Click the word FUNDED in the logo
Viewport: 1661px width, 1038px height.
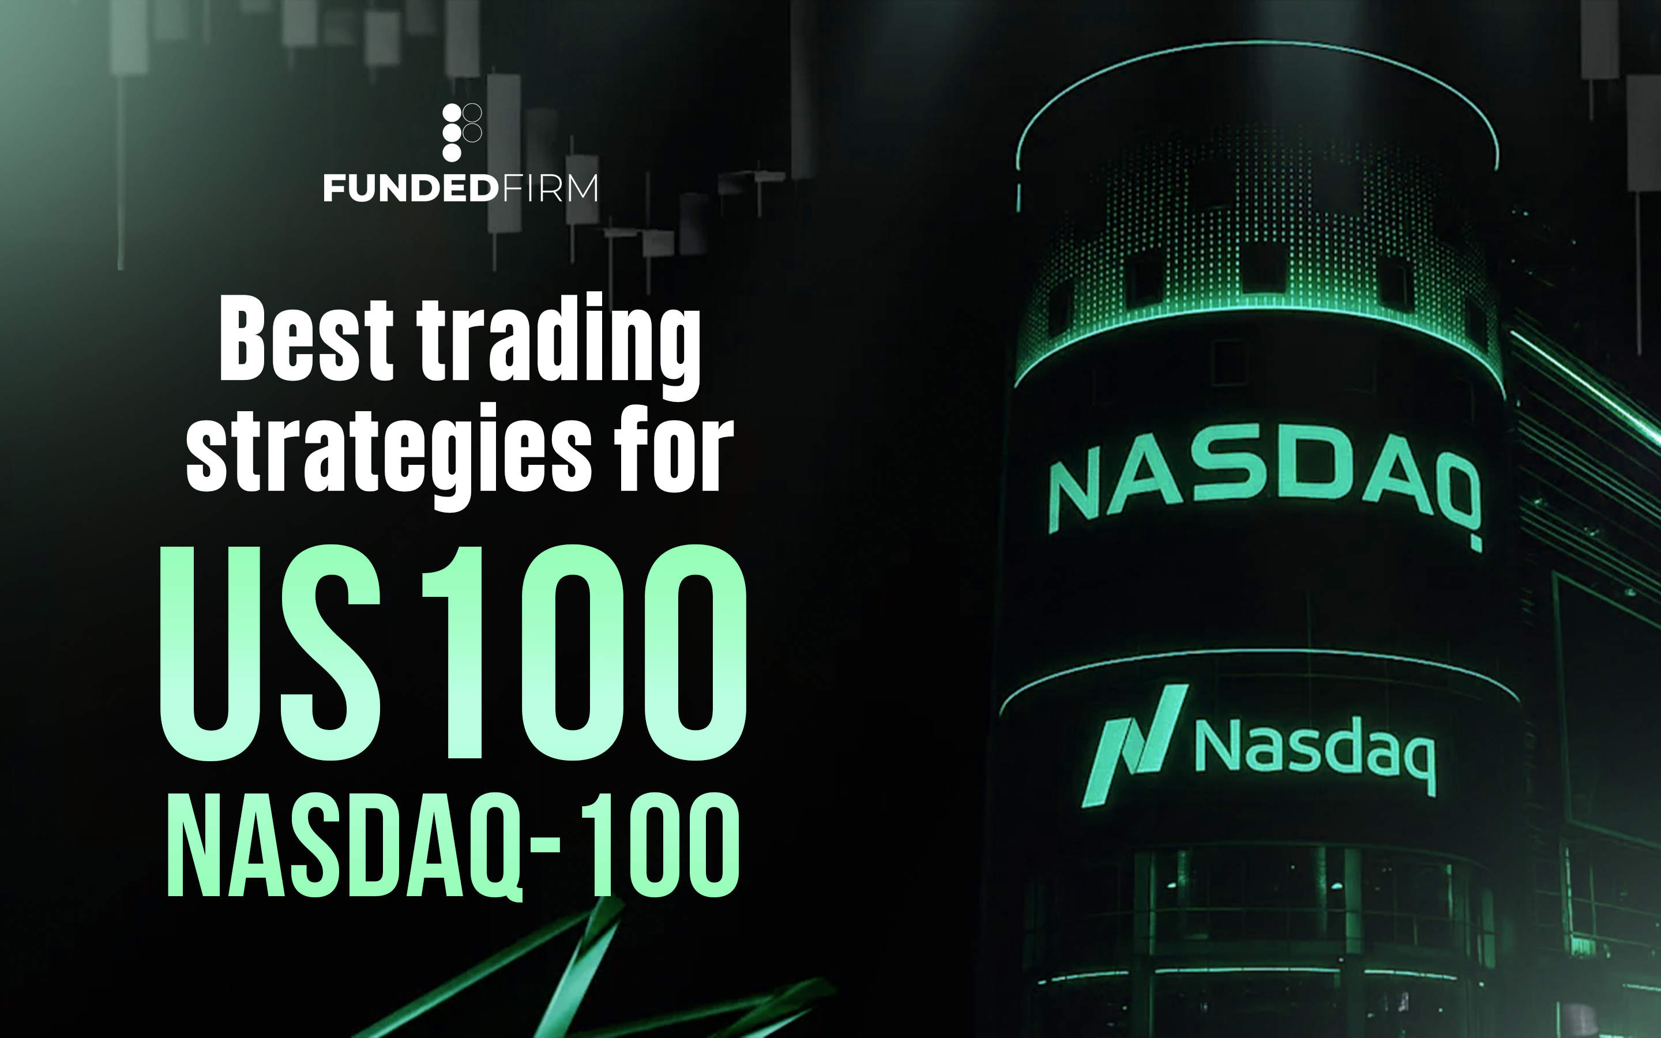411,188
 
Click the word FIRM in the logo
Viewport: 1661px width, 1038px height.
548,188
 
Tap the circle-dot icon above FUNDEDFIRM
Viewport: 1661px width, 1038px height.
461,132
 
